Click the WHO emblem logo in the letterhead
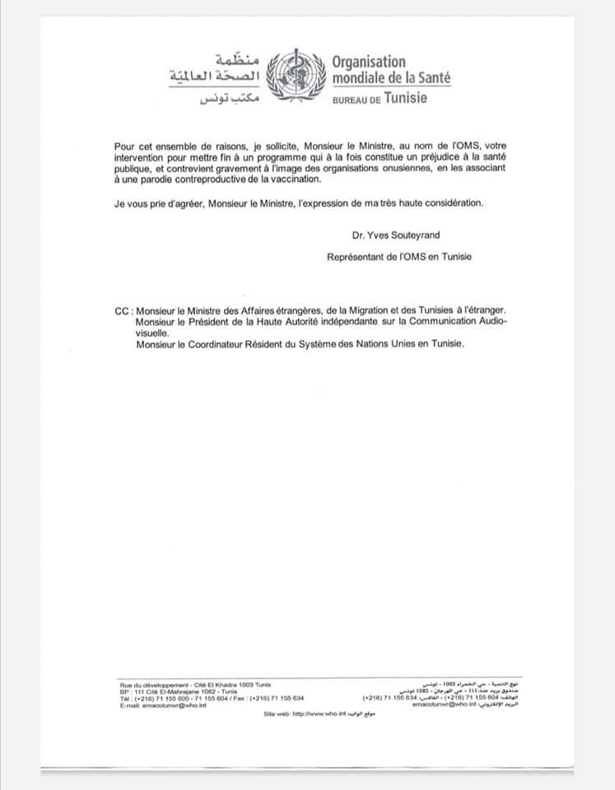pos(300,75)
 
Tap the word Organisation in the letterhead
pos(369,62)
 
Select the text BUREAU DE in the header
pos(356,99)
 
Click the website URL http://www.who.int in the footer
pos(319,713)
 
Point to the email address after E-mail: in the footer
pos(175,704)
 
